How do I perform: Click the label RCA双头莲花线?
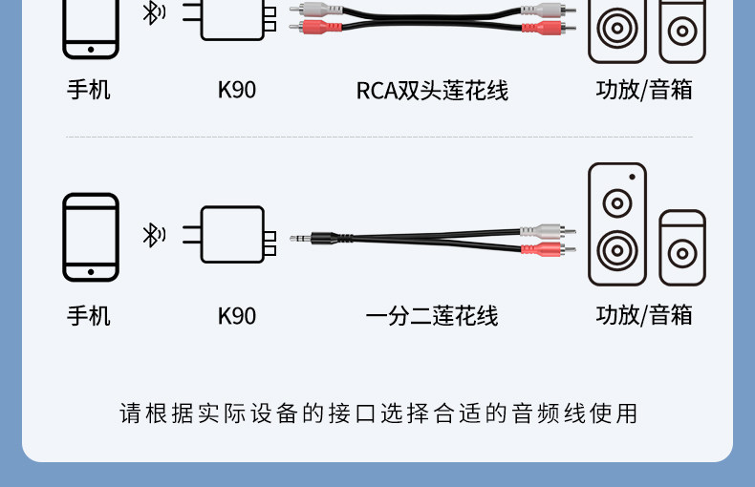click(432, 91)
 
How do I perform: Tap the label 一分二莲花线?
click(432, 316)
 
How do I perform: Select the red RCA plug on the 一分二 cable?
click(548, 250)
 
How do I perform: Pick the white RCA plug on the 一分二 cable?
click(548, 231)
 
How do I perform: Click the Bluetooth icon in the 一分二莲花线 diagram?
click(153, 235)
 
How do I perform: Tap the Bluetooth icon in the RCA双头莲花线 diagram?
click(153, 12)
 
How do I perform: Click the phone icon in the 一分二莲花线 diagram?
click(91, 237)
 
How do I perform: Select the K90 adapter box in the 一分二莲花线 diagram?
click(232, 235)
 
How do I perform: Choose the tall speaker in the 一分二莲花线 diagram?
click(616, 224)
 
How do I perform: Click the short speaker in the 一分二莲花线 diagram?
click(682, 248)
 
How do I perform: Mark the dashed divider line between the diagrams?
click(378, 137)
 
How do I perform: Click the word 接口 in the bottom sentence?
click(343, 413)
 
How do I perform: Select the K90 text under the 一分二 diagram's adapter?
click(237, 316)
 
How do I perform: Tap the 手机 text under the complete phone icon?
click(89, 316)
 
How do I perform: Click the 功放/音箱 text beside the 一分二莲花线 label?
click(644, 316)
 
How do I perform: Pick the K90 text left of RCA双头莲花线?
click(237, 91)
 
